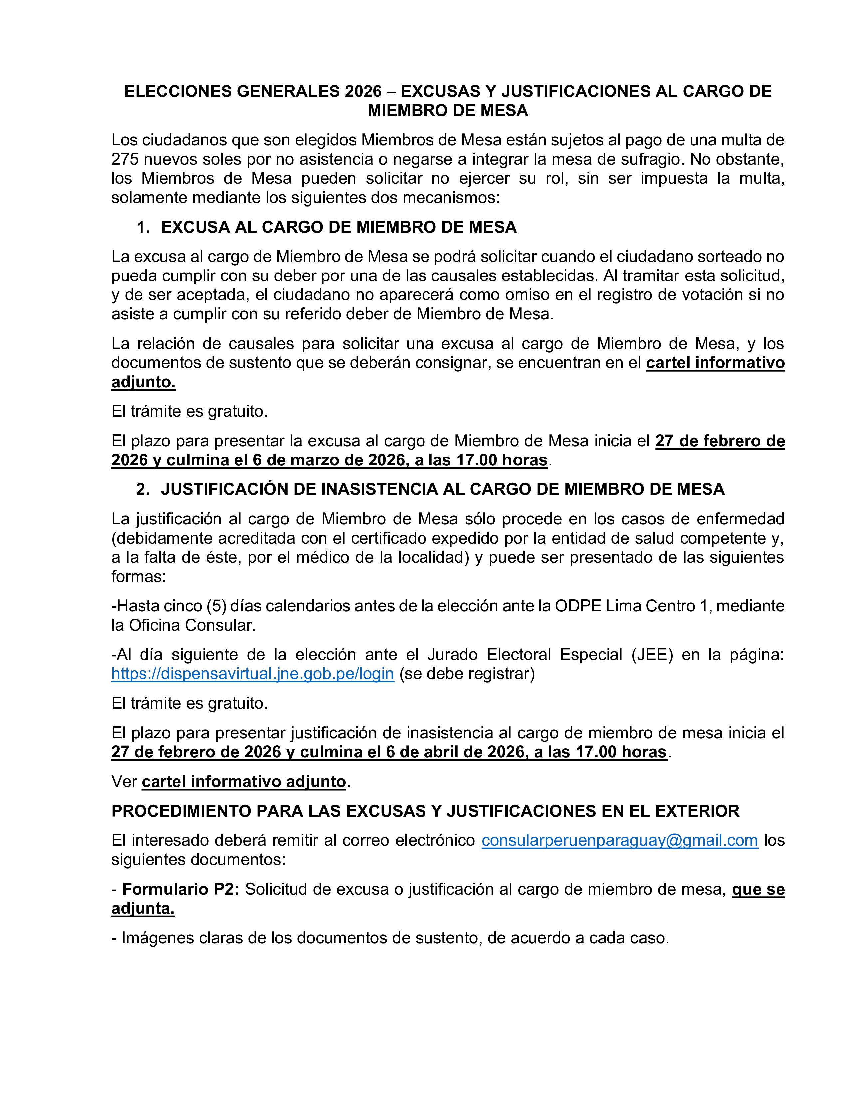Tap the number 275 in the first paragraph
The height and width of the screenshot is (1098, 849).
coord(125,159)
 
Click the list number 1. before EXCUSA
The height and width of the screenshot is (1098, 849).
coord(143,227)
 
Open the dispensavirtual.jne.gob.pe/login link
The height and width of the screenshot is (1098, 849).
coord(252,674)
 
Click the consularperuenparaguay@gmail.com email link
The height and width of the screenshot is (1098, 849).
coord(620,840)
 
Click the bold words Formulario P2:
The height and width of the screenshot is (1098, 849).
coord(180,889)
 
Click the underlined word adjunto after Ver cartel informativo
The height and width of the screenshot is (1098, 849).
coord(316,782)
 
